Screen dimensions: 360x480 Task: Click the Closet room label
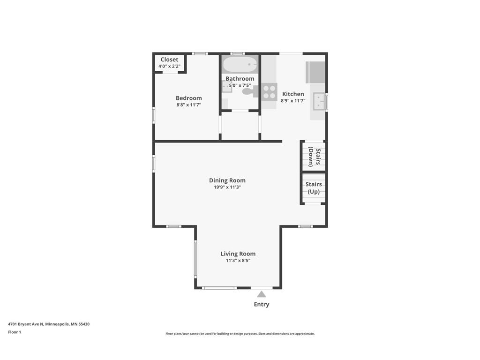coord(169,60)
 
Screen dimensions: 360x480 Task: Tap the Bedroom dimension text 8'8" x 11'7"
coord(188,105)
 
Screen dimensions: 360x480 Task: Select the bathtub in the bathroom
coord(240,65)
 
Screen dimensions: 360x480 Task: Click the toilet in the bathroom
coord(248,90)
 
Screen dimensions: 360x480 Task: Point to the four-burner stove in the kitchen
coord(269,91)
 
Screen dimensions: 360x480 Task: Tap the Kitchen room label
coord(293,94)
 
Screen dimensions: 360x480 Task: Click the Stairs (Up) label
coord(314,188)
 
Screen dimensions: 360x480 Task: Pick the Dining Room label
coord(227,180)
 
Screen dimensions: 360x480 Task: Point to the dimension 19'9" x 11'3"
coord(227,187)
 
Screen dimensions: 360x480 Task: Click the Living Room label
coord(238,254)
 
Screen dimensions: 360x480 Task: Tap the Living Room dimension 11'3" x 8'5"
coord(238,261)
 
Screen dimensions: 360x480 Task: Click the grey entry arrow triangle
coord(262,294)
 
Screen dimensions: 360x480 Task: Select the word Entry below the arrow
coord(262,304)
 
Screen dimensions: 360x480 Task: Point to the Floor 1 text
coord(15,332)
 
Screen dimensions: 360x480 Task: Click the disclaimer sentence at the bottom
coord(240,334)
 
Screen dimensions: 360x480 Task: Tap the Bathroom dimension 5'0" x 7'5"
coord(240,85)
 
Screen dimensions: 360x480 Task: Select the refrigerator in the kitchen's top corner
coord(315,72)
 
